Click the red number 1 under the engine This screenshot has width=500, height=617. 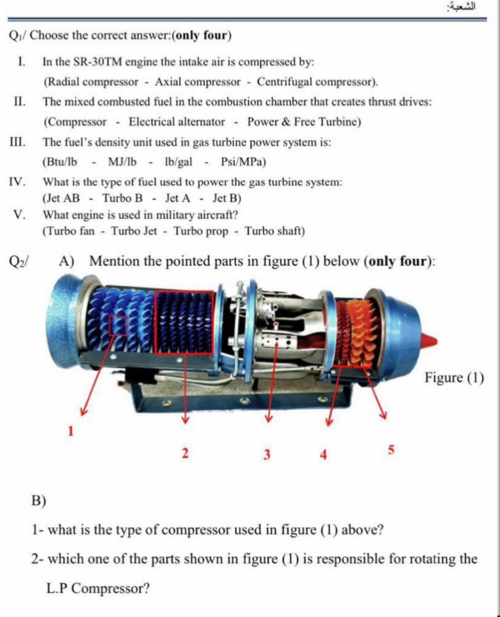(71, 431)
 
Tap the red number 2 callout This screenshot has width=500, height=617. (185, 453)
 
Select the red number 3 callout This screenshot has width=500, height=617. (267, 454)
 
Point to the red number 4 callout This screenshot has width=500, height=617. (323, 454)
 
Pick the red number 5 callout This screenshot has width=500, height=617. (391, 450)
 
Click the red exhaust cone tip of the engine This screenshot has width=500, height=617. (430, 340)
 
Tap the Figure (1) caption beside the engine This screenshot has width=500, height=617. (454, 378)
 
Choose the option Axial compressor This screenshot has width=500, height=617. (198, 82)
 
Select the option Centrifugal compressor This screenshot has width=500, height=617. (316, 82)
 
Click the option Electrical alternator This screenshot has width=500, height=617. (177, 122)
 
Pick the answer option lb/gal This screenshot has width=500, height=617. (179, 162)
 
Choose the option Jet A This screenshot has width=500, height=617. (178, 198)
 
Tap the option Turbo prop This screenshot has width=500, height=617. (201, 231)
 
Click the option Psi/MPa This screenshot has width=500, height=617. (243, 162)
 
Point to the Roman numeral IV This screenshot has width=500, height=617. (17, 182)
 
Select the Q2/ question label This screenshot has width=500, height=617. (19, 261)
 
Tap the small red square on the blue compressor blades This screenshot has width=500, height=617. (118, 326)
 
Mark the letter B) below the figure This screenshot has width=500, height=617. (39, 500)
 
